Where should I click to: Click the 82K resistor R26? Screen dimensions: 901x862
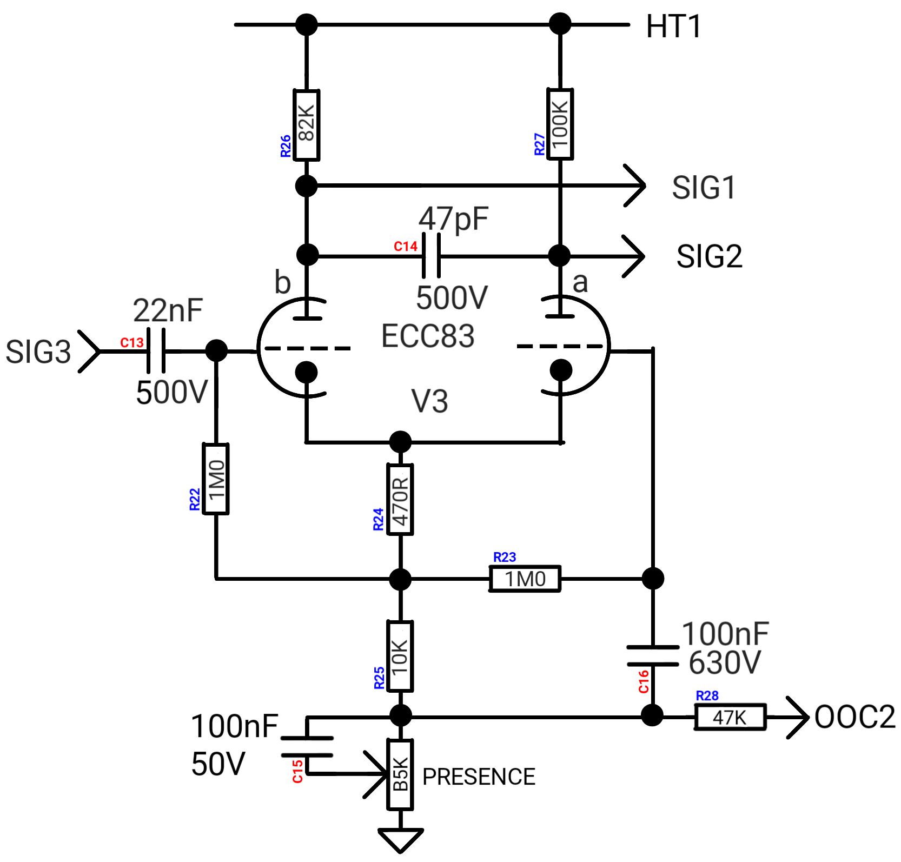coord(306,125)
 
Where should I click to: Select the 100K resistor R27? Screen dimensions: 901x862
coord(560,124)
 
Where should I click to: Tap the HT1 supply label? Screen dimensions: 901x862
coord(673,26)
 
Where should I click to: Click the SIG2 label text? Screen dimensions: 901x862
coord(709,256)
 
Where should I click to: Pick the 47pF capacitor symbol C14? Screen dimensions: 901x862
coord(431,255)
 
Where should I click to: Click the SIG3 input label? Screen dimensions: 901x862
coord(38,352)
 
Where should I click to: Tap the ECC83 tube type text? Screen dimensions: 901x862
coord(428,336)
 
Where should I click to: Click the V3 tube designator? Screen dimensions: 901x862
coord(430,401)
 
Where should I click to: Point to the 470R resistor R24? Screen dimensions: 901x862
coord(400,499)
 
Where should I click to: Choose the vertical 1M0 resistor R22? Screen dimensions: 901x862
coord(216,479)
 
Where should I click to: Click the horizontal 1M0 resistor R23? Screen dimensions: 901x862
coord(525,579)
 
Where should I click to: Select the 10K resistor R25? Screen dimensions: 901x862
coord(400,656)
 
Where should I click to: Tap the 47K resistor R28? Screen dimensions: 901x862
coord(730,717)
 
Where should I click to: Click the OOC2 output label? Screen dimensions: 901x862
coord(854,717)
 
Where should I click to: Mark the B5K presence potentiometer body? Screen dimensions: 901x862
coord(400,774)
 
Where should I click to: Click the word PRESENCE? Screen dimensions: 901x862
coord(479,777)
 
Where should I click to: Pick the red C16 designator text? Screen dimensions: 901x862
coord(644,682)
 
